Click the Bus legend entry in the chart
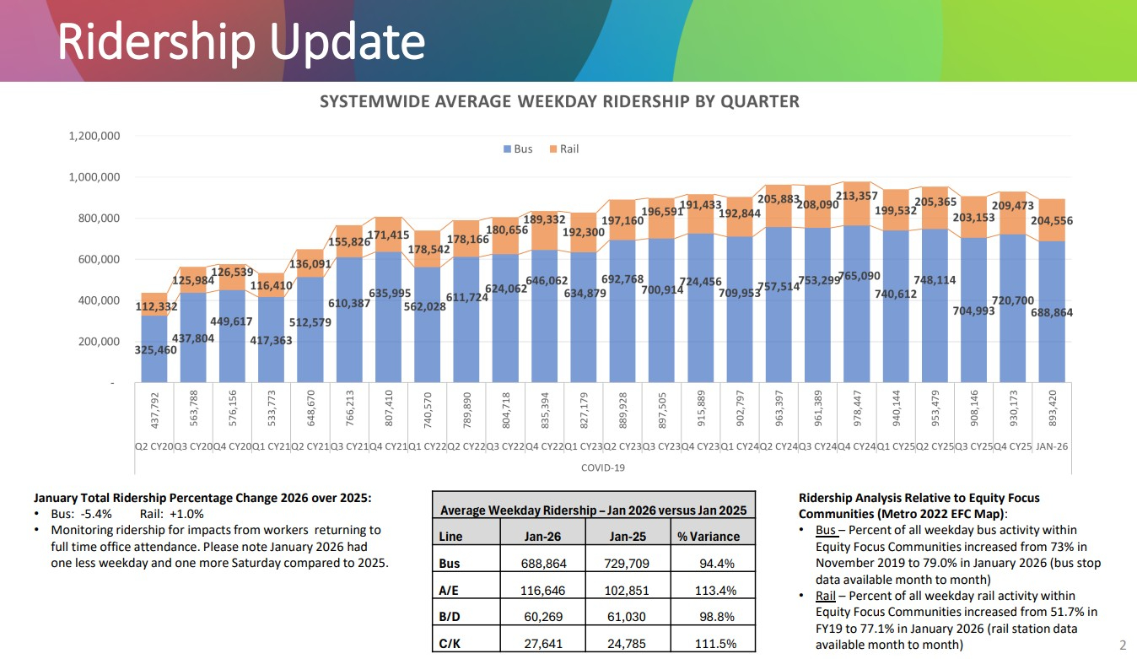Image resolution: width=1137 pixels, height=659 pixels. click(518, 149)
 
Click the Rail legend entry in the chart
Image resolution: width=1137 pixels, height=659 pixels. click(563, 149)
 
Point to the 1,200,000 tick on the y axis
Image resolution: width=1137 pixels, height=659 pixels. click(94, 136)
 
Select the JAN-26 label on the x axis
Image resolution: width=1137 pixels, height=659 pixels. click(1052, 446)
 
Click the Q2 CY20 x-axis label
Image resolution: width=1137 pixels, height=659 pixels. click(154, 446)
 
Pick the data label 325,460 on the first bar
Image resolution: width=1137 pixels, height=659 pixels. click(156, 350)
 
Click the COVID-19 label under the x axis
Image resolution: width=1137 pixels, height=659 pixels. click(602, 467)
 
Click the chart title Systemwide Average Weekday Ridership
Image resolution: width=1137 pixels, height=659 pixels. click(559, 102)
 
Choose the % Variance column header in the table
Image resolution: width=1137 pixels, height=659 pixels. click(709, 537)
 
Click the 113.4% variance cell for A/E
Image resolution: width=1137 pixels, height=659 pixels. click(717, 590)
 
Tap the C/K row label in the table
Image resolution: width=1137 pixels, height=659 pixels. click(450, 643)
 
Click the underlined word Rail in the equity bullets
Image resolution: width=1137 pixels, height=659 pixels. click(825, 596)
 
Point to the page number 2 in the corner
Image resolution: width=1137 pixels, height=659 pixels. click(1122, 643)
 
